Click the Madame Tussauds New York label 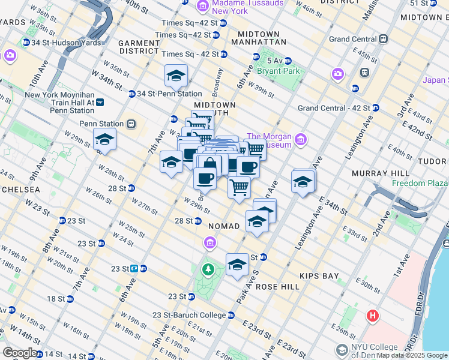pyautogui.click(x=221, y=7)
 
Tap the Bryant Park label pyautogui.click(x=278, y=71)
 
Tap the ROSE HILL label pyautogui.click(x=277, y=287)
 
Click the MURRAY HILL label pyautogui.click(x=381, y=173)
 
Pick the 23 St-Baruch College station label pyautogui.click(x=189, y=315)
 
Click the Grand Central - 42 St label pyautogui.click(x=334, y=109)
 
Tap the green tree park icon pyautogui.click(x=208, y=269)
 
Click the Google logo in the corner pyautogui.click(x=20, y=353)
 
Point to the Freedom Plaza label pyautogui.click(x=420, y=183)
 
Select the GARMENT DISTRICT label pyautogui.click(x=138, y=47)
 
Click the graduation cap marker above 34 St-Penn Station pyautogui.click(x=176, y=76)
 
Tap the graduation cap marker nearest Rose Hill pyautogui.click(x=237, y=265)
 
